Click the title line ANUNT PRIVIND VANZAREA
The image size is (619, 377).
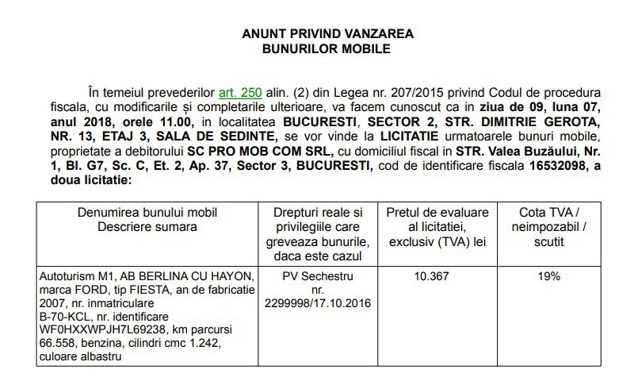(x=327, y=34)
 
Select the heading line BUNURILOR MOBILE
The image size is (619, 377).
(x=327, y=48)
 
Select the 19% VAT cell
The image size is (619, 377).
(x=548, y=276)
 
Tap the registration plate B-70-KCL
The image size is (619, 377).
(x=65, y=317)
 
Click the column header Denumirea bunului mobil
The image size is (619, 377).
(x=147, y=213)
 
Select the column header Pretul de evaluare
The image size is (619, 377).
(x=438, y=213)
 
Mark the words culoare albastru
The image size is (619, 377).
(x=81, y=357)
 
